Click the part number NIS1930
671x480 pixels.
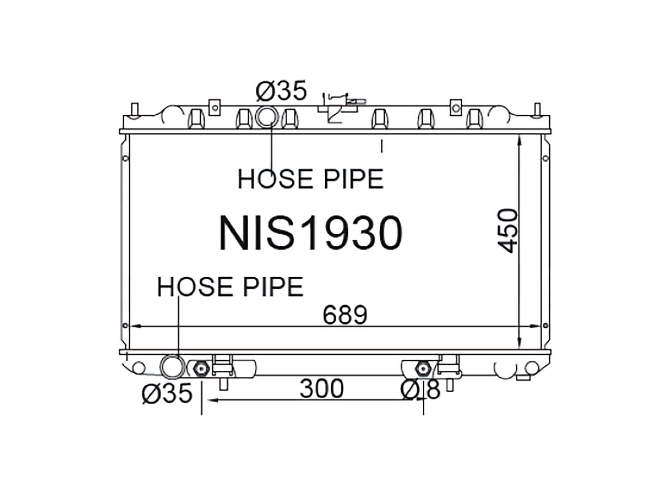310,232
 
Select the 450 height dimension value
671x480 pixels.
507,231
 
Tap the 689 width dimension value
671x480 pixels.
345,315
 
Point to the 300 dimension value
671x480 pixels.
322,389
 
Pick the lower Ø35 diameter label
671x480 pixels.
166,393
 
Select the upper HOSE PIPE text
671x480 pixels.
310,179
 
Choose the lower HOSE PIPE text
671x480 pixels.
230,287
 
